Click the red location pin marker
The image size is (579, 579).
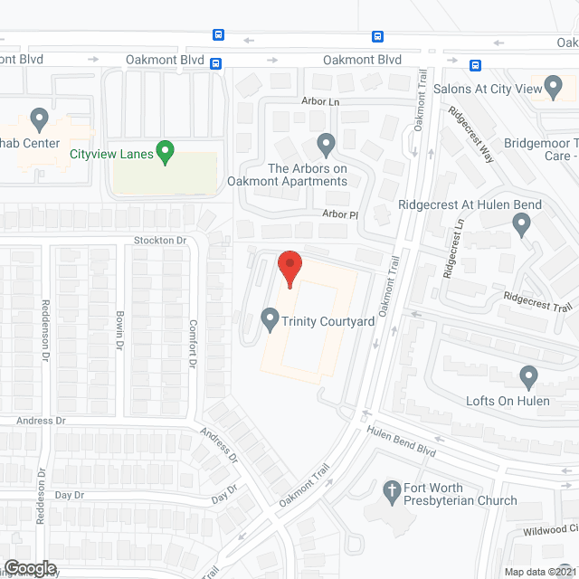click(x=289, y=268)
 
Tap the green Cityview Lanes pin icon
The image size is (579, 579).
click(x=165, y=152)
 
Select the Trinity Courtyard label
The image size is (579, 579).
click(x=328, y=320)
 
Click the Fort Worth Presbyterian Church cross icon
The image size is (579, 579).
click(x=392, y=492)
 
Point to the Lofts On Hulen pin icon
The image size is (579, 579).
click(x=529, y=375)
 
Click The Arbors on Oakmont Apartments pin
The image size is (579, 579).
click(x=327, y=143)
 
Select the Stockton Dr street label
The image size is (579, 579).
click(x=159, y=241)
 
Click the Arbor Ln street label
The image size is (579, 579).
click(x=320, y=102)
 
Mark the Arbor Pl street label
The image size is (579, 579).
click(x=342, y=215)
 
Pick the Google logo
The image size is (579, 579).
click(x=30, y=567)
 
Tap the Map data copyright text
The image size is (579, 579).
click(x=540, y=572)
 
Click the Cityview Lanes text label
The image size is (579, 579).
click(x=110, y=153)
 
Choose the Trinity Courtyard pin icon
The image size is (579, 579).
click(x=269, y=319)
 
